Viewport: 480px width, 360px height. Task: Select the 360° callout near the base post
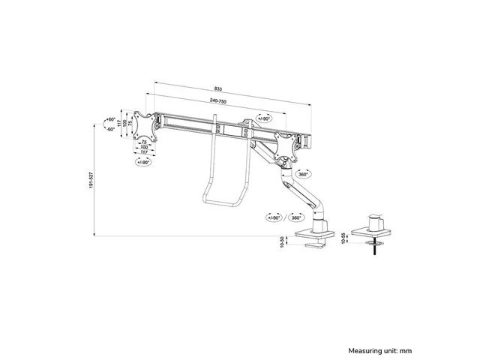pos(295,217)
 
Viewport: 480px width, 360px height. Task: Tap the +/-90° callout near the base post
pos(274,217)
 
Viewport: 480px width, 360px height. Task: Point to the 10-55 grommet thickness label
pos(343,238)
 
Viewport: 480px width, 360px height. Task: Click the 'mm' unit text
pos(406,351)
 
